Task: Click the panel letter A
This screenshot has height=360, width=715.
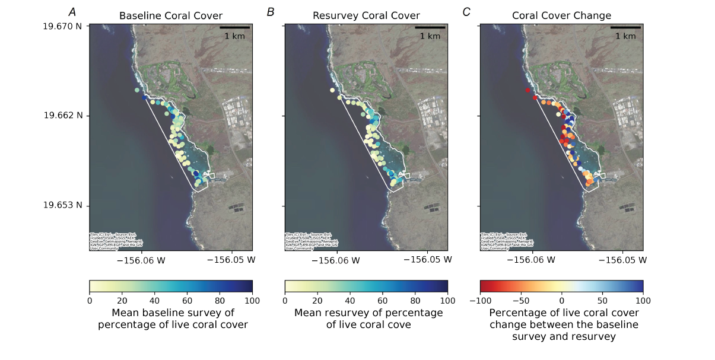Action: (72, 12)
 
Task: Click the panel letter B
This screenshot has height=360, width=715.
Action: (271, 12)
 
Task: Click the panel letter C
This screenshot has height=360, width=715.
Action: (466, 12)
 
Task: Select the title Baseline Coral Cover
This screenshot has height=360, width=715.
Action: (171, 16)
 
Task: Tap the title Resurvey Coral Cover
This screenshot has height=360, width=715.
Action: (366, 16)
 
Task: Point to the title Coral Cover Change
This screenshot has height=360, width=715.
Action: (561, 16)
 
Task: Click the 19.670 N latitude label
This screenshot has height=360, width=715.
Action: (62, 26)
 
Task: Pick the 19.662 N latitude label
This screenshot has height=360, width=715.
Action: (62, 115)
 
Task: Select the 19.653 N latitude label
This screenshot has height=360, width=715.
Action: (62, 206)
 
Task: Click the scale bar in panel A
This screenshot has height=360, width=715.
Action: (234, 27)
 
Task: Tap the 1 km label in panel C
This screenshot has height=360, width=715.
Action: (625, 36)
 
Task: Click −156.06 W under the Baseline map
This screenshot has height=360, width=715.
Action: (141, 260)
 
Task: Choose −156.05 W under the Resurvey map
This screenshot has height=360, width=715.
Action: (427, 260)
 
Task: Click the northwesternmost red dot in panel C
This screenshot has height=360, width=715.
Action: (527, 90)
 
